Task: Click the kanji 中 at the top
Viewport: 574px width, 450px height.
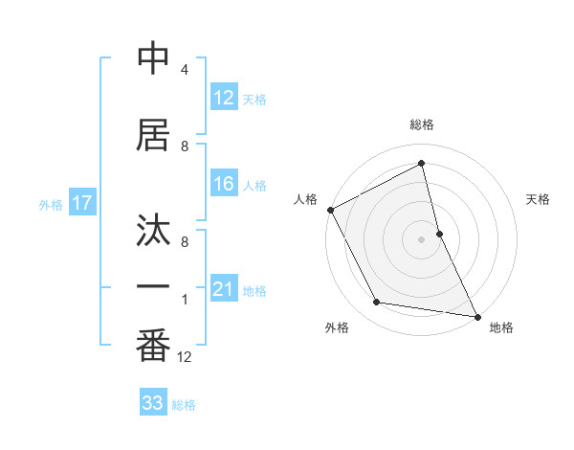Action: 153,59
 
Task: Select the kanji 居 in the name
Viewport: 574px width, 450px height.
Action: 153,136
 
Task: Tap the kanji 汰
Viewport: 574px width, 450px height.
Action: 153,232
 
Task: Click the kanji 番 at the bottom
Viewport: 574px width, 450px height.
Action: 153,347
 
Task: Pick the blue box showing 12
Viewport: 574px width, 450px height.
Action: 224,98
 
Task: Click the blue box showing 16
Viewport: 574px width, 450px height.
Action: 224,184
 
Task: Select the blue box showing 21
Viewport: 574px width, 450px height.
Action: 224,289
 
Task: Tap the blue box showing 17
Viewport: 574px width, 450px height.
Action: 82,203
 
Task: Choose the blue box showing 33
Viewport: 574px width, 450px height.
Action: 153,403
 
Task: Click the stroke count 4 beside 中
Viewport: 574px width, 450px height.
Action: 185,70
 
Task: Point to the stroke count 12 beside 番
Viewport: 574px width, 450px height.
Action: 185,357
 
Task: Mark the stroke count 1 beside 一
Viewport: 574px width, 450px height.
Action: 185,300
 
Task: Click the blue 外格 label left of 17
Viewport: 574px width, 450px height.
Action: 51,204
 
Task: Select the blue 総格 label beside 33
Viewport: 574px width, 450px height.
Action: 184,404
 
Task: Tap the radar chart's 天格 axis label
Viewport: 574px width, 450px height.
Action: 539,199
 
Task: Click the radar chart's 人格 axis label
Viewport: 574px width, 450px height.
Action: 305,199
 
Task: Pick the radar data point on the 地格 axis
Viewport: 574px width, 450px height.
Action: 476,315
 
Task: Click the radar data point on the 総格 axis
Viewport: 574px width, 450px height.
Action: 422,164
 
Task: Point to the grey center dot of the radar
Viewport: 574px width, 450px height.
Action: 422,239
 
